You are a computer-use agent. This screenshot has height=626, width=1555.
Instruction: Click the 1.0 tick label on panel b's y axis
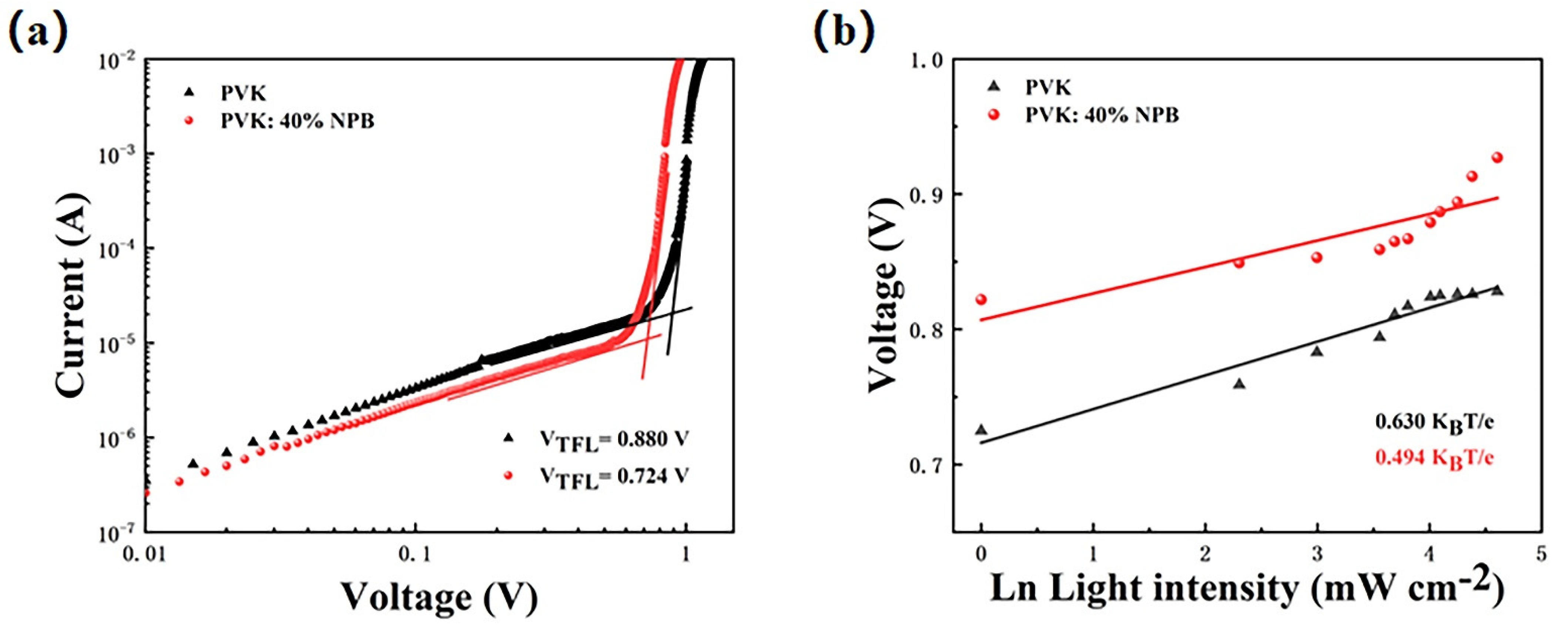(x=926, y=60)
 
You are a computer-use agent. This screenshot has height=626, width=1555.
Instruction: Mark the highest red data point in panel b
(x=1497, y=158)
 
